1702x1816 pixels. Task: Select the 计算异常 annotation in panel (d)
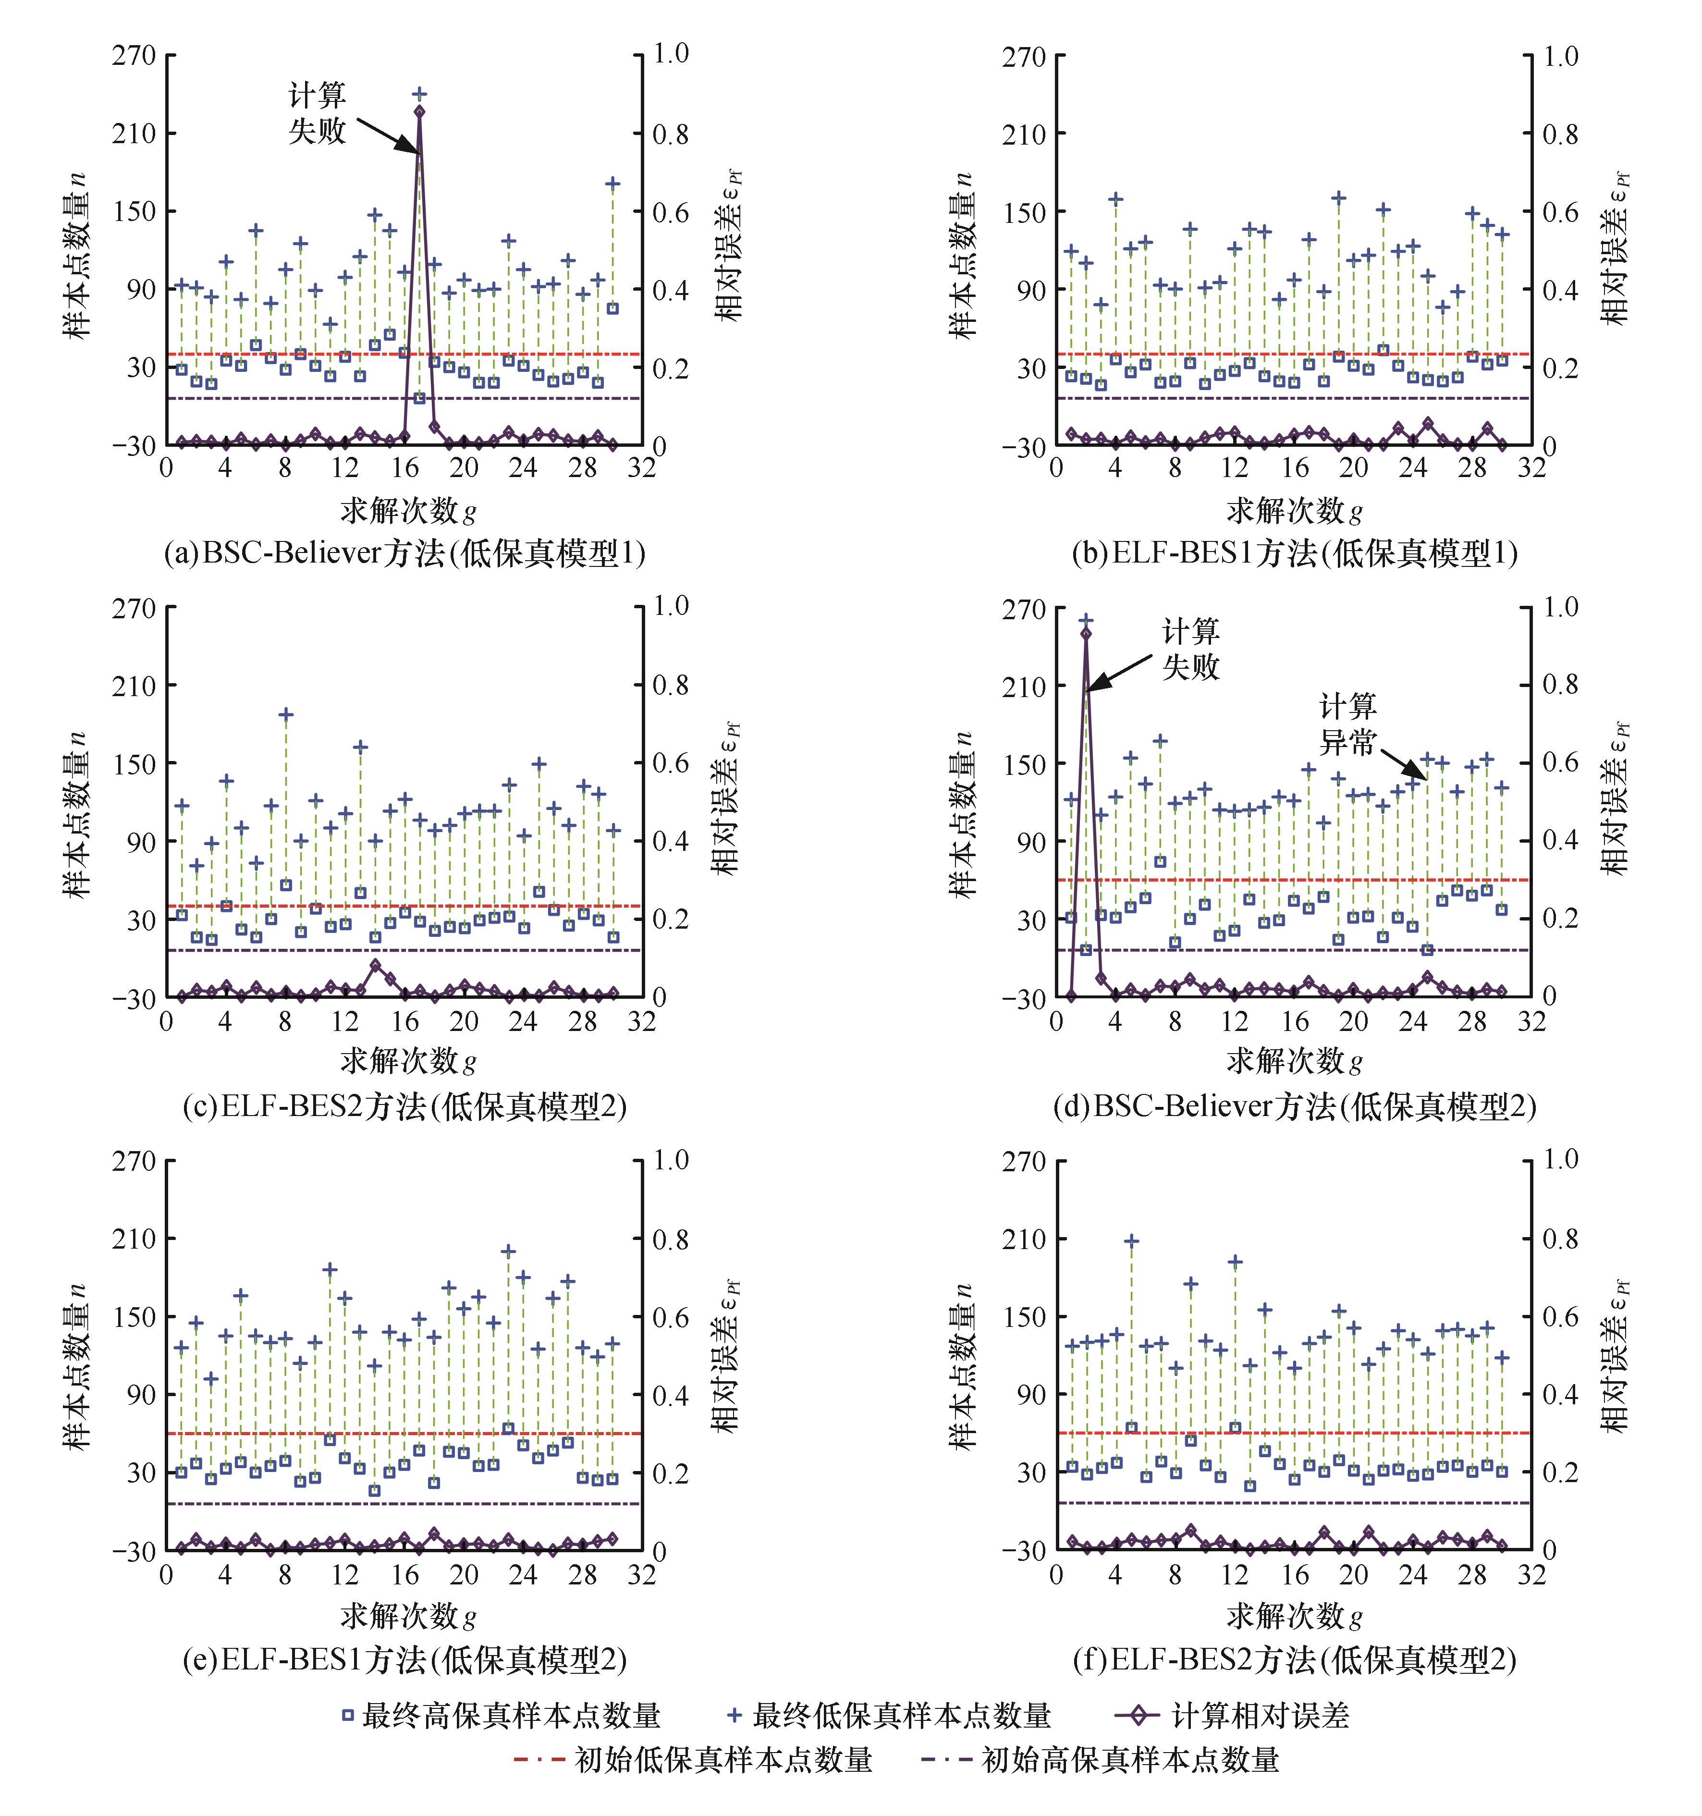(1347, 724)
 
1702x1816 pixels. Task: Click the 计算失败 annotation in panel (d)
(1190, 649)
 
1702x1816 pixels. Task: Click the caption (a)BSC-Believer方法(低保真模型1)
(404, 553)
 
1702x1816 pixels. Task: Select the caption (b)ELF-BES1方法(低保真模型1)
(1294, 553)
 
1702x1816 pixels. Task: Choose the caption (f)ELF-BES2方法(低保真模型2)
(1294, 1660)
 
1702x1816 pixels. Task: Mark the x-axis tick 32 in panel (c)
(641, 1021)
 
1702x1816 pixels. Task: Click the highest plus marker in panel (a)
(419, 93)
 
